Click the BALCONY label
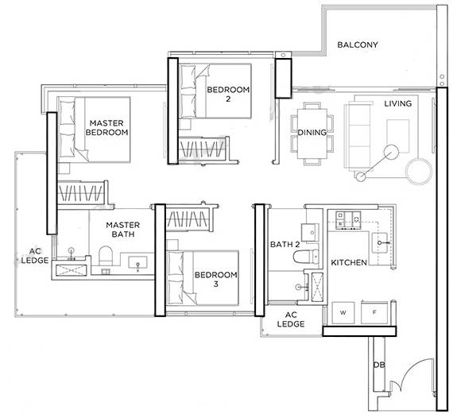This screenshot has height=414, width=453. tap(358, 44)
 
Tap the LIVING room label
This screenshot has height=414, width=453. tap(398, 103)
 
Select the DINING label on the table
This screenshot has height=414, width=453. tap(312, 133)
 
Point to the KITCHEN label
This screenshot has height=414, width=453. tap(349, 262)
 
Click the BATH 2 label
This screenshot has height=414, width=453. tap(285, 245)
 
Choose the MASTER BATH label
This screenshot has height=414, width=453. tap(122, 230)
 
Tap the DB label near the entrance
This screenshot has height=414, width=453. tap(379, 365)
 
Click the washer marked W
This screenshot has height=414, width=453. tap(343, 312)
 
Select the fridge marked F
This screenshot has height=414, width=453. tap(374, 312)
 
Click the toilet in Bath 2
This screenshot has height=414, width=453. tap(306, 257)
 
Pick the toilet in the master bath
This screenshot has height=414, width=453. tap(105, 256)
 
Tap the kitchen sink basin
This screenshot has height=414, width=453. tap(381, 242)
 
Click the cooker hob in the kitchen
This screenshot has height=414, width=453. tap(348, 219)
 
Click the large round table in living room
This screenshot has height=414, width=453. tap(419, 171)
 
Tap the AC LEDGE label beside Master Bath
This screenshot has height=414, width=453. tap(35, 256)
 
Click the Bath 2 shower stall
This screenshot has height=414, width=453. tap(317, 287)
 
